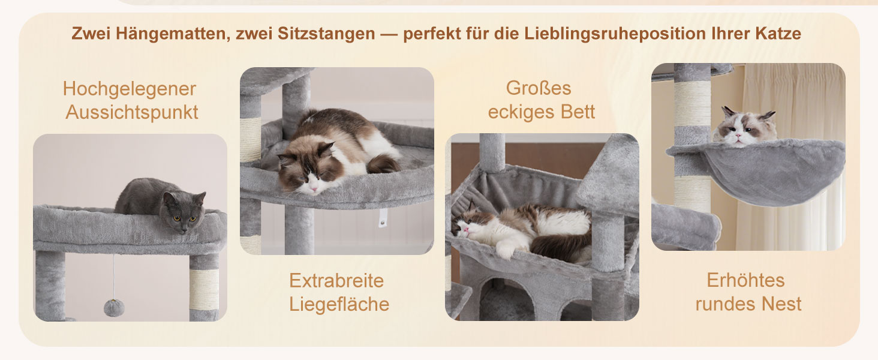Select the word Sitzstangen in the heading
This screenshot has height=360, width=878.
(326, 34)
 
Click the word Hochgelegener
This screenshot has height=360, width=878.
(130, 89)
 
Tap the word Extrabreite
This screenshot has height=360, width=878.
(336, 281)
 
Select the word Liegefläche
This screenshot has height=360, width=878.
(339, 304)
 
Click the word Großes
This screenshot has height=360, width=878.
(539, 88)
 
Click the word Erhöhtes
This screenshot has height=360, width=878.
(745, 280)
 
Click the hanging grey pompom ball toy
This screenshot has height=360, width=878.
(114, 307)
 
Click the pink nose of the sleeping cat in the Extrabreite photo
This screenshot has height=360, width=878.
(314, 190)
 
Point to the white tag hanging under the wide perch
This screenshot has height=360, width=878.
(382, 218)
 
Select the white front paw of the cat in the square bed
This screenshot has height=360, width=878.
(505, 248)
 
